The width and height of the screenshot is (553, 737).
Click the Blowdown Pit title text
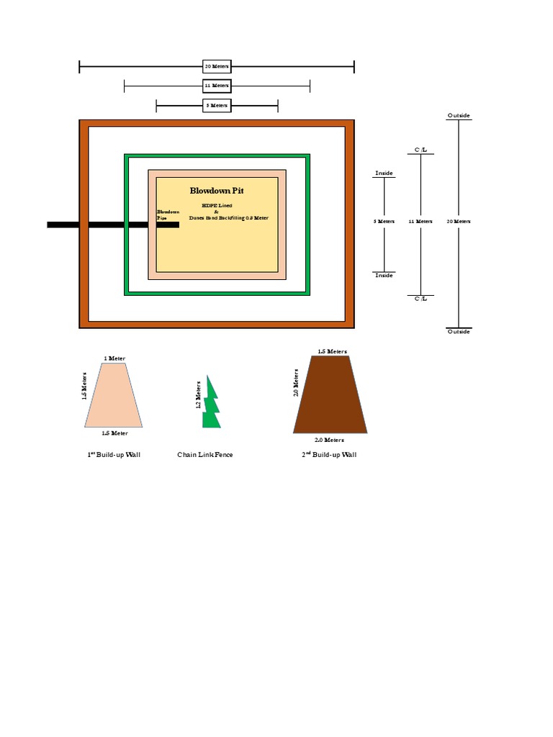(x=217, y=191)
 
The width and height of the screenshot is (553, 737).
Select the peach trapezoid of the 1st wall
(x=112, y=396)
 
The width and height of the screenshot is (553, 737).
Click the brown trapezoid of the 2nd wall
(x=330, y=396)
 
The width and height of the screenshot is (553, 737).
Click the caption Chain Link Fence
(x=205, y=455)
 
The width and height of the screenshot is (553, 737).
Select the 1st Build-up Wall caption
(x=114, y=455)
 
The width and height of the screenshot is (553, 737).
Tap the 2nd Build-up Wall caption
(x=329, y=455)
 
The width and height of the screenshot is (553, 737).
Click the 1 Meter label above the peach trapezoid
(x=114, y=358)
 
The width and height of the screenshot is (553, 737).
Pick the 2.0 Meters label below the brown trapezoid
(x=329, y=439)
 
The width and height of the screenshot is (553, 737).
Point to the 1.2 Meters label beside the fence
(x=199, y=395)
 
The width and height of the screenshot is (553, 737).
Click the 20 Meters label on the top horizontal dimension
(x=217, y=67)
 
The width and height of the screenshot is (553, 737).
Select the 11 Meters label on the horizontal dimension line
(x=217, y=86)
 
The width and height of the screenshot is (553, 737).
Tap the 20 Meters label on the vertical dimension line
(x=459, y=221)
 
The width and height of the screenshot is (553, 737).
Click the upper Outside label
(x=459, y=115)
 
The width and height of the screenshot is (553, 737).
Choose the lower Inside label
(x=384, y=276)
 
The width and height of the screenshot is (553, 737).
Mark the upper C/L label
(x=421, y=149)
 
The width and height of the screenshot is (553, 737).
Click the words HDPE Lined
(x=217, y=205)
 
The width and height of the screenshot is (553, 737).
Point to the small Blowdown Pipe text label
(x=168, y=214)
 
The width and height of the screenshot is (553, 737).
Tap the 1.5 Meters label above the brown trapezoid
(x=332, y=351)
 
